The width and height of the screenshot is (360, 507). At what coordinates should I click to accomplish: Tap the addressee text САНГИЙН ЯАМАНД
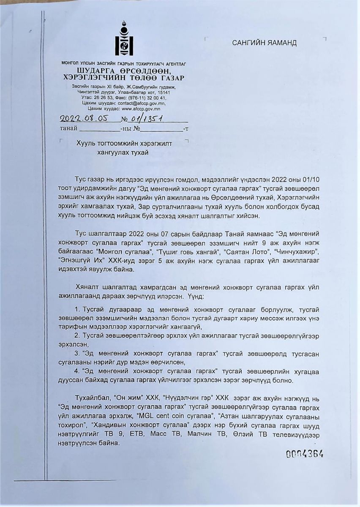coord(264,43)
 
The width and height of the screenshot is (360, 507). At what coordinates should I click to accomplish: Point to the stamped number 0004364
coord(305,454)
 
